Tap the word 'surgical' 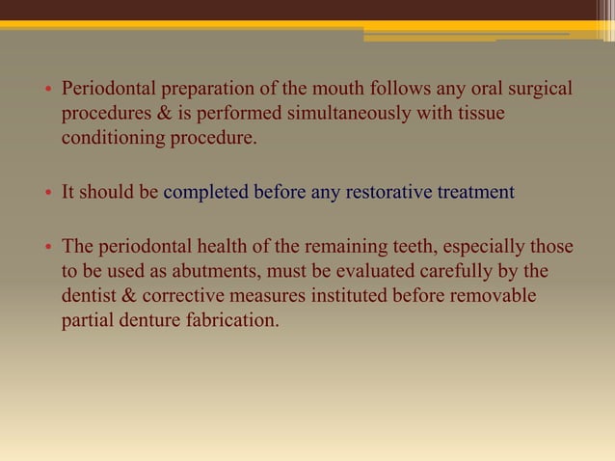click(x=540, y=91)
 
